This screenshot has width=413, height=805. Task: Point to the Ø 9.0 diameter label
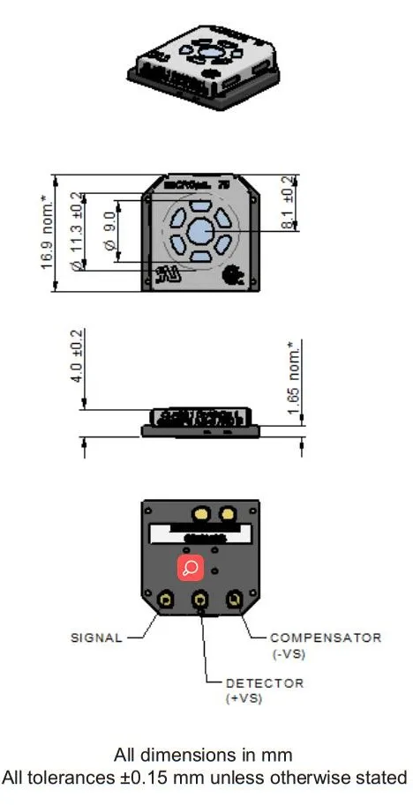[109, 230]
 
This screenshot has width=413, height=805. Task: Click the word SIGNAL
[96, 637]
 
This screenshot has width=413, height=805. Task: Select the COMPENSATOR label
[326, 637]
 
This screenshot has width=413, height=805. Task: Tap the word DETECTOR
[265, 683]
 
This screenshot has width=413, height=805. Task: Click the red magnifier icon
[191, 569]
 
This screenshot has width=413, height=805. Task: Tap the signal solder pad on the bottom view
[165, 600]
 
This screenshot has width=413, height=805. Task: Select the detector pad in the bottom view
[200, 600]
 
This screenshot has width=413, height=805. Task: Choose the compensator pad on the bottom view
[234, 600]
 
